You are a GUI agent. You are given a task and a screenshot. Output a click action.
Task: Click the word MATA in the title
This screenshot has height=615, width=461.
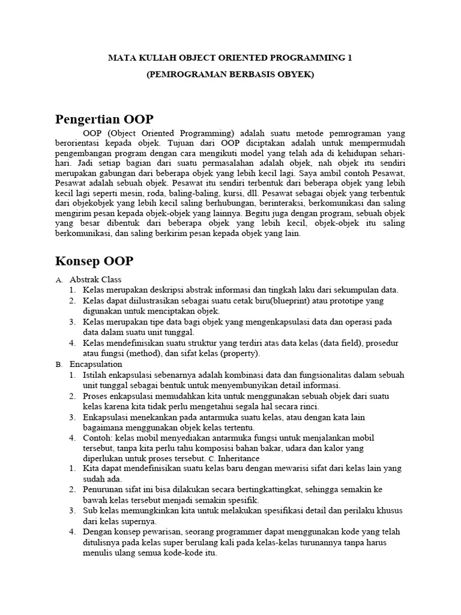[x=119, y=58]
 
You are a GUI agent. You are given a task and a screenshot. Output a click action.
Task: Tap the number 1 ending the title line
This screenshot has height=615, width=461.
[x=350, y=58]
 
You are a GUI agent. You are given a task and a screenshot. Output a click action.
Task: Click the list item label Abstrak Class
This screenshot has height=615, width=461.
[x=95, y=279]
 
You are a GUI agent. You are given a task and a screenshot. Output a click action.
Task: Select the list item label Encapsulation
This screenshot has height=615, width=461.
[x=96, y=364]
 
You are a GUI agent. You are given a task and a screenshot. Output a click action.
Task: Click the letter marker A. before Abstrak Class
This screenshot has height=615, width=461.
[x=59, y=280]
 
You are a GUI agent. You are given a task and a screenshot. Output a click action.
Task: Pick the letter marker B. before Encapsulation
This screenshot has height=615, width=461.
[x=59, y=365]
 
